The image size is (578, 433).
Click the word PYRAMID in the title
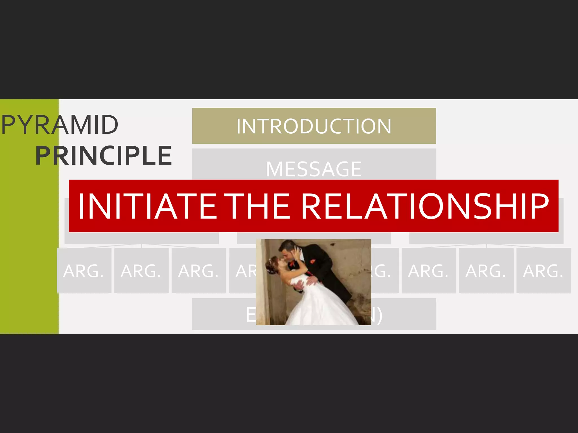[60, 125]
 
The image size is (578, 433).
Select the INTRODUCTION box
[314, 126]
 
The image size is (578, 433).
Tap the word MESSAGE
[314, 169]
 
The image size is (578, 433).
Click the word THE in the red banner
[259, 206]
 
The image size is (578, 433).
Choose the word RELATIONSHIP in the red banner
[425, 206]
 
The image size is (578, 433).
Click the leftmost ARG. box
[84, 271]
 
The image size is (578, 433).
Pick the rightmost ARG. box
[543, 271]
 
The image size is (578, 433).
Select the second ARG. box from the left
[141, 271]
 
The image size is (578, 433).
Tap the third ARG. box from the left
[199, 271]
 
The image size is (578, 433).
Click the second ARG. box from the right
[486, 271]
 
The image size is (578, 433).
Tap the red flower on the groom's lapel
[313, 261]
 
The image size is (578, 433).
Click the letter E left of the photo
[251, 315]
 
